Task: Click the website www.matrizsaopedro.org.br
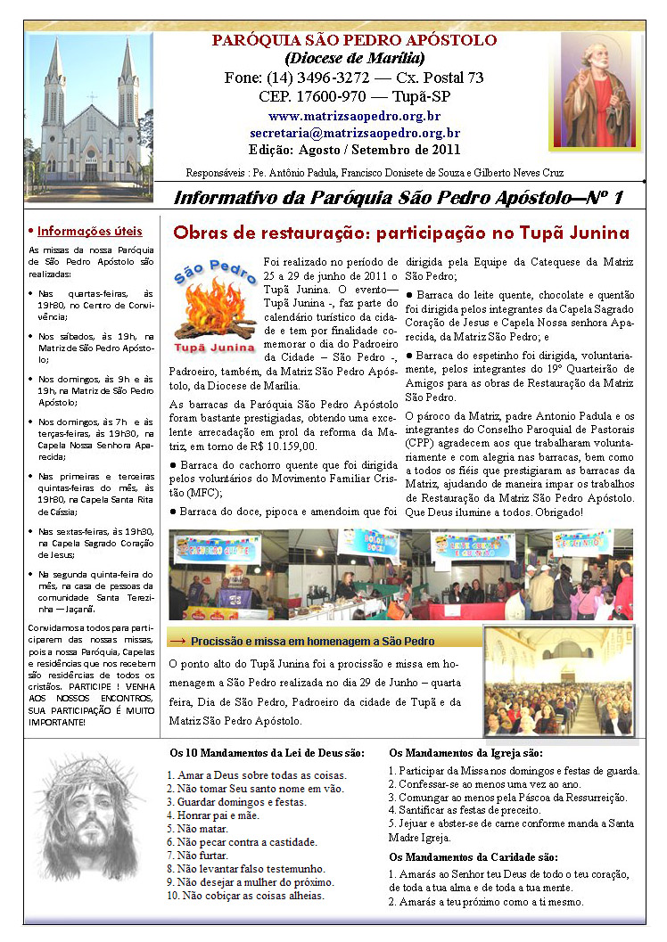(354, 116)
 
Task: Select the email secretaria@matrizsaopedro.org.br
(355, 132)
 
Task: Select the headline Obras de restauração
(271, 233)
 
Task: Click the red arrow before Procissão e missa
(177, 641)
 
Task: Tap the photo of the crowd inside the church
(559, 682)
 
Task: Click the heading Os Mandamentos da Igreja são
(460, 753)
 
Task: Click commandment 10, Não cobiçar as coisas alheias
(245, 895)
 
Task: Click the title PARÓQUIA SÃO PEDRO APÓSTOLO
(354, 41)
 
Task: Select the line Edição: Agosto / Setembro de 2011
(354, 149)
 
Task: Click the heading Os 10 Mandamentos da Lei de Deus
(268, 753)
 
